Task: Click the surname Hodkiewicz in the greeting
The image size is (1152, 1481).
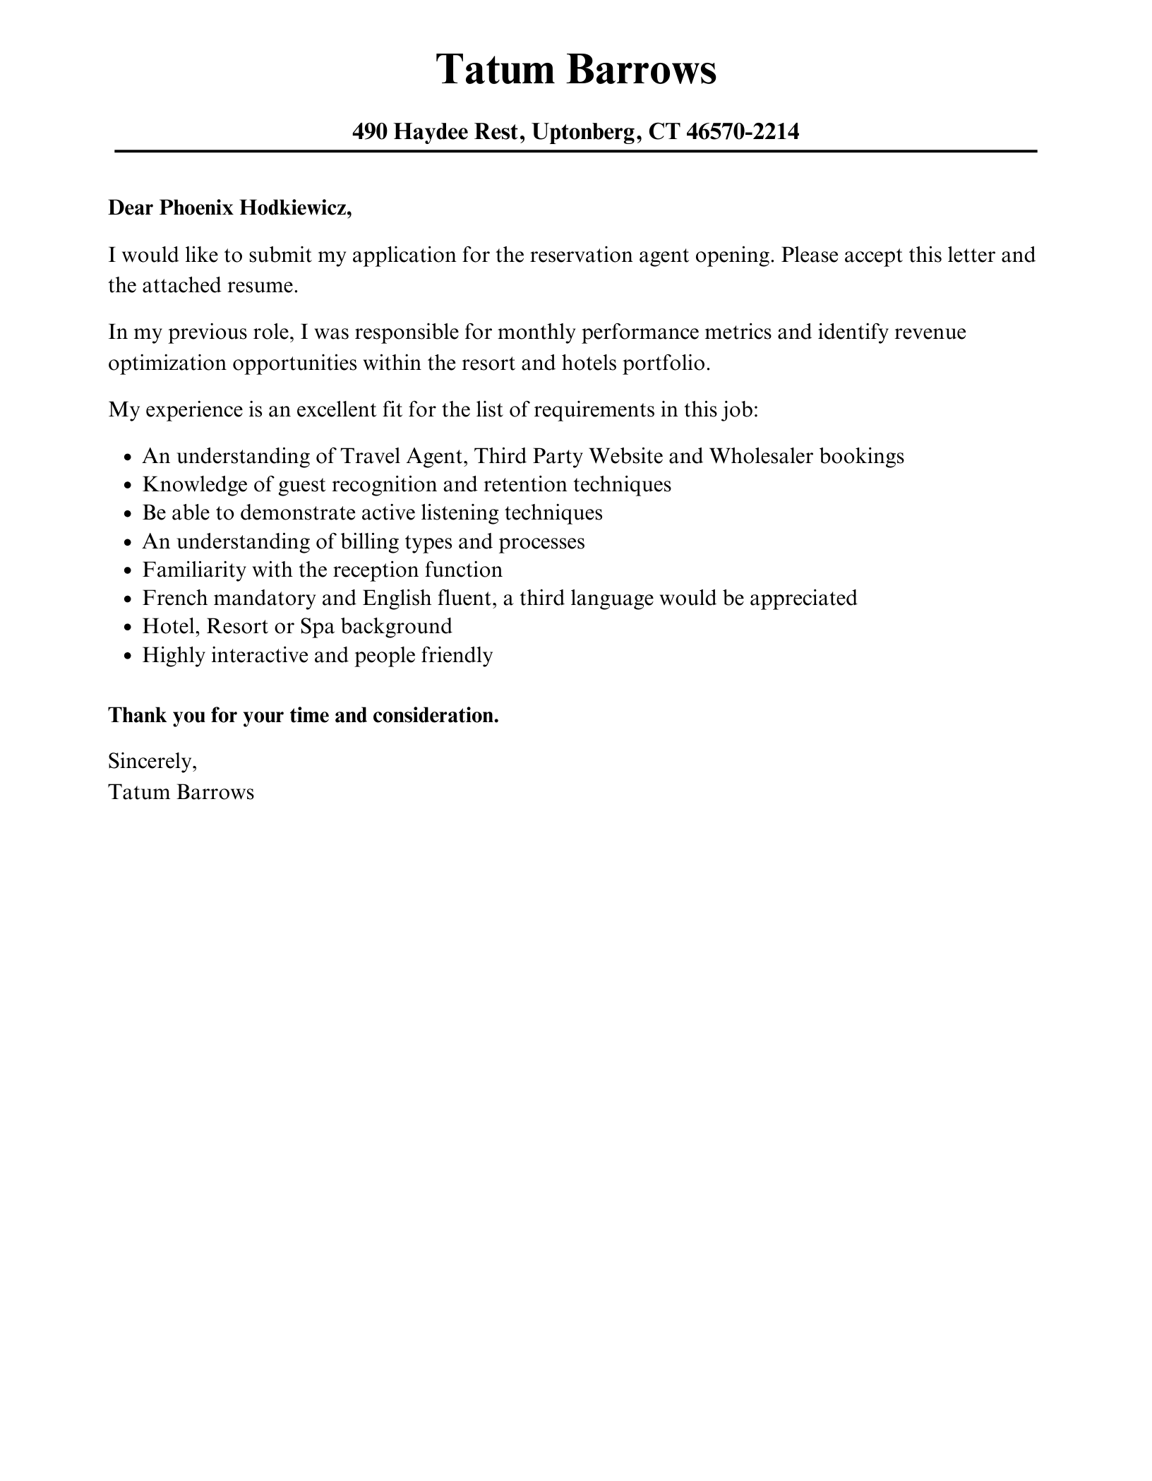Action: (x=296, y=208)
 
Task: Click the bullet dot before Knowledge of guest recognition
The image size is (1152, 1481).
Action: (x=127, y=486)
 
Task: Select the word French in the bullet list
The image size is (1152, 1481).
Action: (x=174, y=598)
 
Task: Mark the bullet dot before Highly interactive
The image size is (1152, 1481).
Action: (x=127, y=656)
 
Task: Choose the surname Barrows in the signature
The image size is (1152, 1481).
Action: (x=215, y=792)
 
